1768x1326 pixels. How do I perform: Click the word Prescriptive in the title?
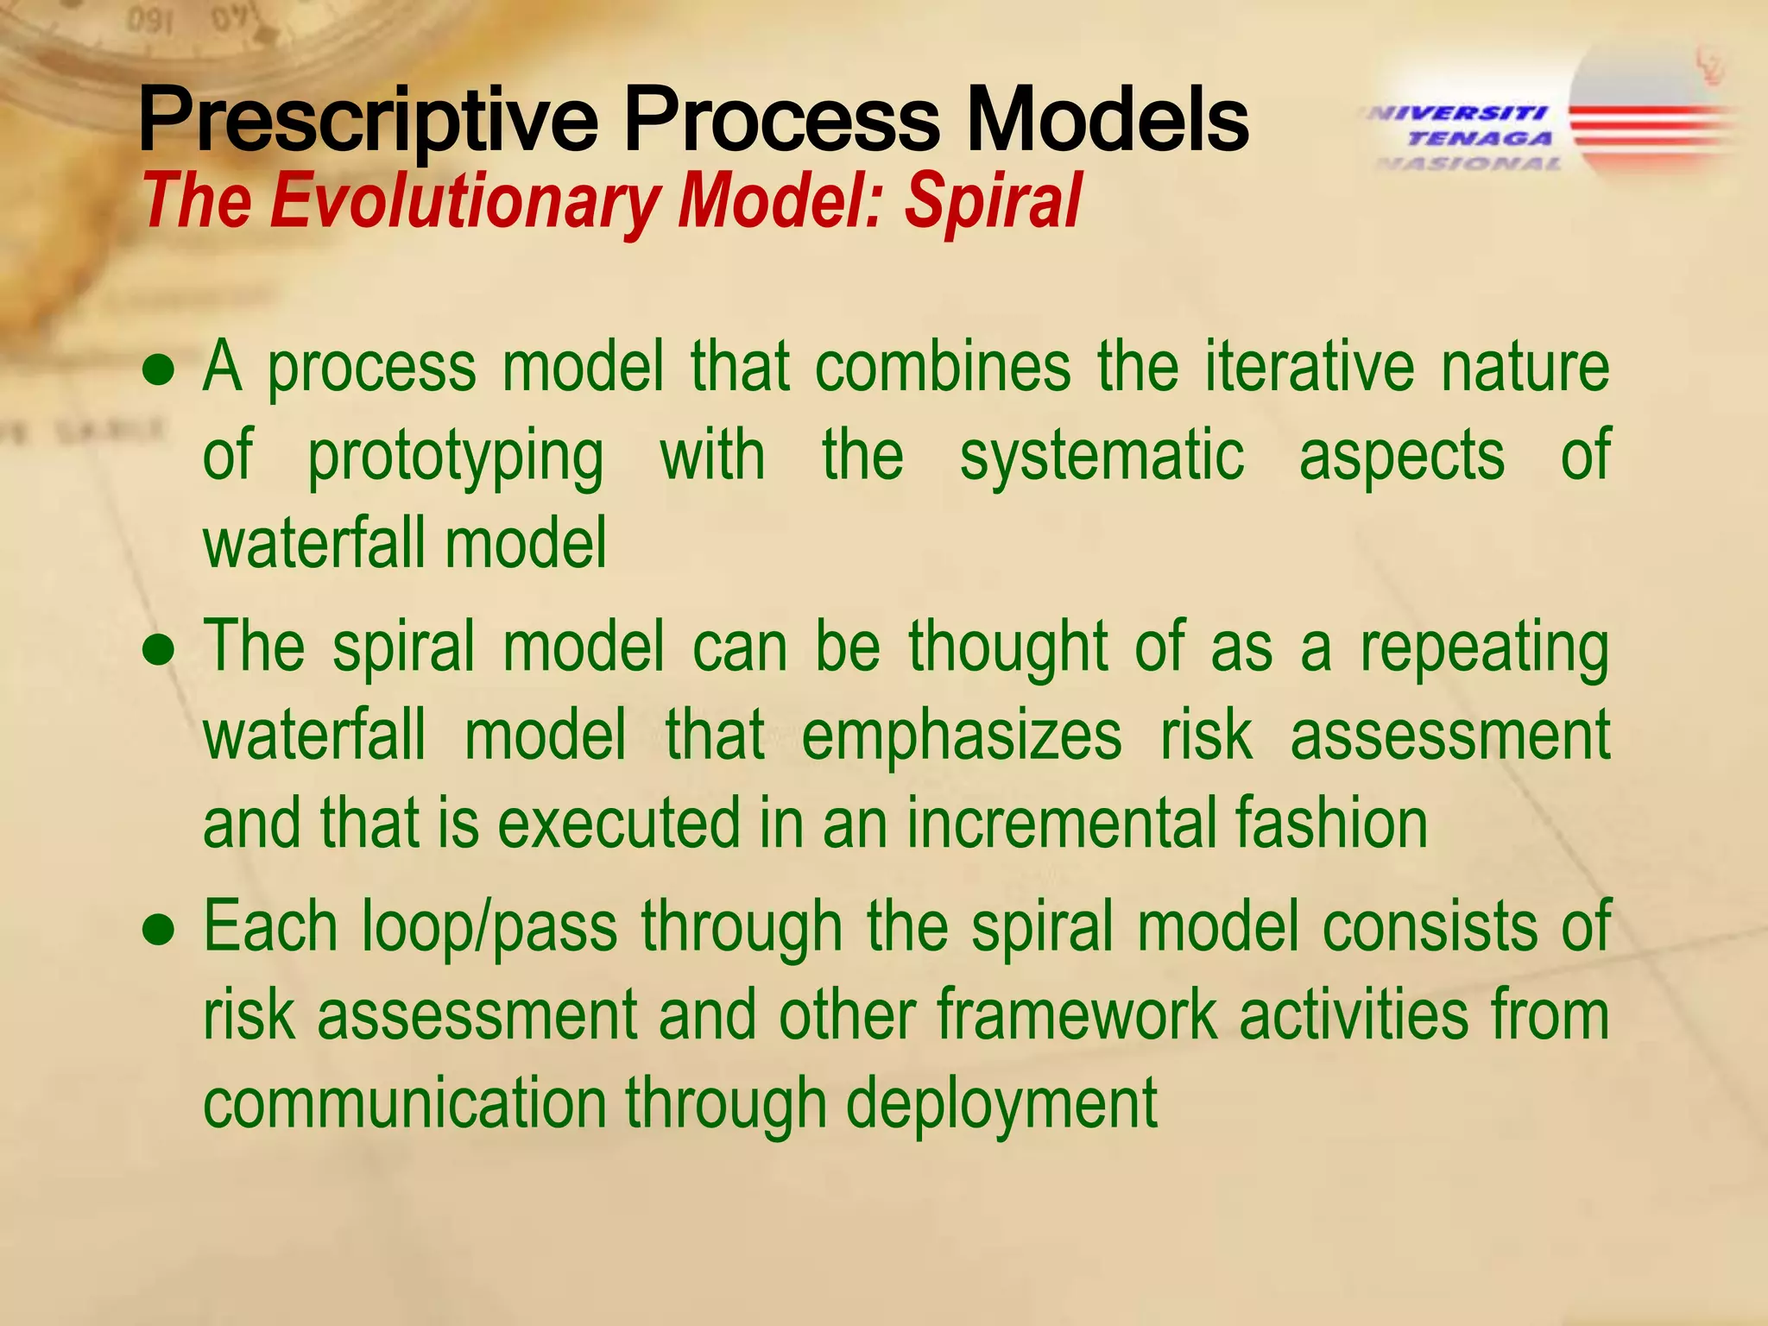pos(367,121)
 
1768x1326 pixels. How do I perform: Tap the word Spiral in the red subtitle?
pos(992,202)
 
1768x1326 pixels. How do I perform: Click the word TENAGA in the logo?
pos(1480,138)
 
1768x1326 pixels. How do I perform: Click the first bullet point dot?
pos(160,370)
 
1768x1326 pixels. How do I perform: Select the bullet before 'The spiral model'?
pos(160,650)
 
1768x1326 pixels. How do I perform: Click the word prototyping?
pos(455,458)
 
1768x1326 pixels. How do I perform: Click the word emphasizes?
pos(961,736)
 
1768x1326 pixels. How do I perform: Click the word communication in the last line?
pos(404,1103)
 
